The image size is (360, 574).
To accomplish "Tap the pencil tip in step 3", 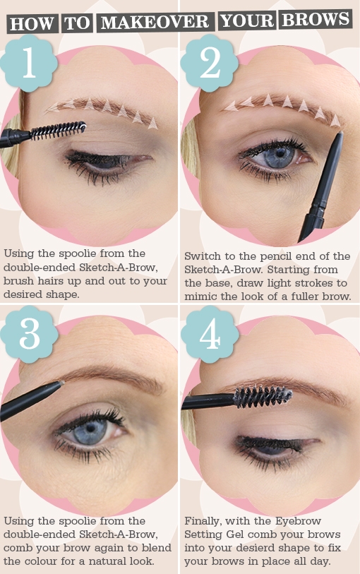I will click(61, 384).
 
